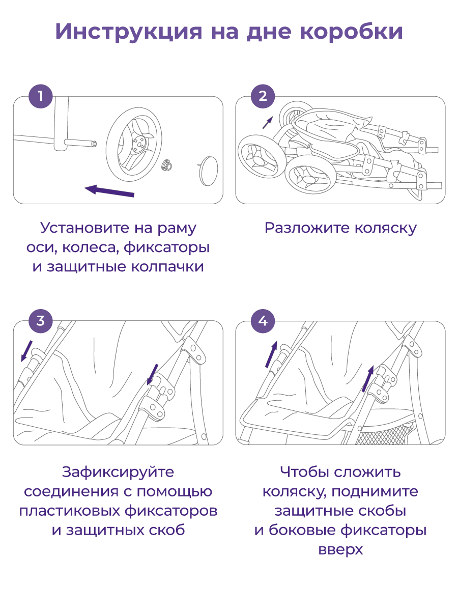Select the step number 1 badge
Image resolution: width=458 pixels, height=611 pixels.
click(x=40, y=96)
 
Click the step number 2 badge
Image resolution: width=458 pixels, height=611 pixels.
click(x=263, y=96)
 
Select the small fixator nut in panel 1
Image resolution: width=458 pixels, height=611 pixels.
click(x=166, y=165)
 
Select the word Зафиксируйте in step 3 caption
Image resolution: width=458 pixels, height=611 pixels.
click(x=118, y=472)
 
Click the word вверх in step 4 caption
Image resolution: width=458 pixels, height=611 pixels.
click(x=340, y=550)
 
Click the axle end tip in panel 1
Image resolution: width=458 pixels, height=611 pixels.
click(x=94, y=145)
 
